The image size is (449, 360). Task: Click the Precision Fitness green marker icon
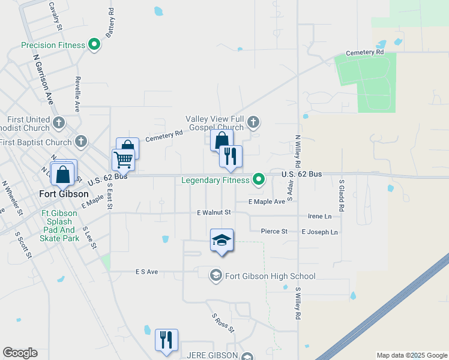coord(94,44)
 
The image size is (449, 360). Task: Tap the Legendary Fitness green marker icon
coord(259,179)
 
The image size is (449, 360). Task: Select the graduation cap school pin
coord(221,241)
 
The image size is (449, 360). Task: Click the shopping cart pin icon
coord(123,160)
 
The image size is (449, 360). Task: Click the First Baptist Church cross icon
coord(81,142)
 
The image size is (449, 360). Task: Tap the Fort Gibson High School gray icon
coord(215,275)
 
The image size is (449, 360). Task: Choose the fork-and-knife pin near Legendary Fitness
coord(231,157)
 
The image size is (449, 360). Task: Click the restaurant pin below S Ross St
coord(166,340)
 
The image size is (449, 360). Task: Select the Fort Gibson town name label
coord(64,194)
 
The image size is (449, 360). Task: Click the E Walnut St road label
coord(214,212)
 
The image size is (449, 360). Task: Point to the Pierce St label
coord(274,231)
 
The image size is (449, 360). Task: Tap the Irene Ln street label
coord(319,216)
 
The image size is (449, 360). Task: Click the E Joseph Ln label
coord(319,232)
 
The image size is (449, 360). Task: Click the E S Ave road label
coord(146,272)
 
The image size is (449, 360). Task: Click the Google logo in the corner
coord(20,352)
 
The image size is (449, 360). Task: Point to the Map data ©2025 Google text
coord(411,355)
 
